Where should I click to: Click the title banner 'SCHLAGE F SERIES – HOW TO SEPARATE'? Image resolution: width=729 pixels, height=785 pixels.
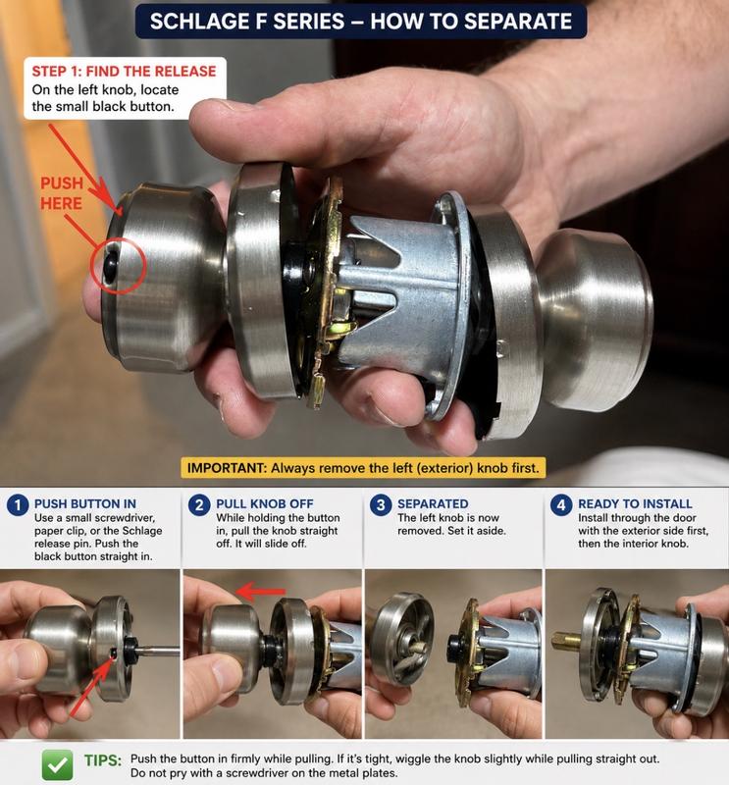[x=360, y=22]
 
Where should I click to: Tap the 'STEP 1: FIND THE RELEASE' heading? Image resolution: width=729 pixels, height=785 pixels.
[x=125, y=71]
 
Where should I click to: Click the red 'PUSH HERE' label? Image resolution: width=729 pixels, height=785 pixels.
[x=62, y=193]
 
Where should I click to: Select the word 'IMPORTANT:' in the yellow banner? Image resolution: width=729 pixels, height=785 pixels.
[x=227, y=468]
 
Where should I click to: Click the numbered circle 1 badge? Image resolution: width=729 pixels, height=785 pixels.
[x=18, y=505]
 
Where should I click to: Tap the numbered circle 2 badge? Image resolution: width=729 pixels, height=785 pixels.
[x=199, y=505]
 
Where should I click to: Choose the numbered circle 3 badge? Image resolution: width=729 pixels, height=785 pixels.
[x=381, y=505]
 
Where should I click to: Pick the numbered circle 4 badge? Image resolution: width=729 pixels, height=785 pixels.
[x=561, y=505]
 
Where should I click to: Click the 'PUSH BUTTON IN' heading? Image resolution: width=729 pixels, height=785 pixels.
[x=85, y=503]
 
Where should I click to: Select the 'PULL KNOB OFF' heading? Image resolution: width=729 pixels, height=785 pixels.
[x=265, y=503]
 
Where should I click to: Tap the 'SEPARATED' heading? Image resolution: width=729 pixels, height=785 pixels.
[x=433, y=503]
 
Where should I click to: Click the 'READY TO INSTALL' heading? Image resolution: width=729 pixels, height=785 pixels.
[x=635, y=503]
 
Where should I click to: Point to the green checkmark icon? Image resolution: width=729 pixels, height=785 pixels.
[x=57, y=764]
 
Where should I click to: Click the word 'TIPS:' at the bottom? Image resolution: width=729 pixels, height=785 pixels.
[x=103, y=760]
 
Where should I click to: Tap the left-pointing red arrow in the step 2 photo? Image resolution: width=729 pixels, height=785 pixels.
[x=261, y=592]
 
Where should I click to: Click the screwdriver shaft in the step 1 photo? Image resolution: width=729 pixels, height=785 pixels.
[x=158, y=651]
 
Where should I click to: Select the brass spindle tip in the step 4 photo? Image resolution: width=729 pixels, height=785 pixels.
[x=566, y=640]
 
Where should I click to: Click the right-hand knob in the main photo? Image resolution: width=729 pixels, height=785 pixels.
[x=596, y=321]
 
